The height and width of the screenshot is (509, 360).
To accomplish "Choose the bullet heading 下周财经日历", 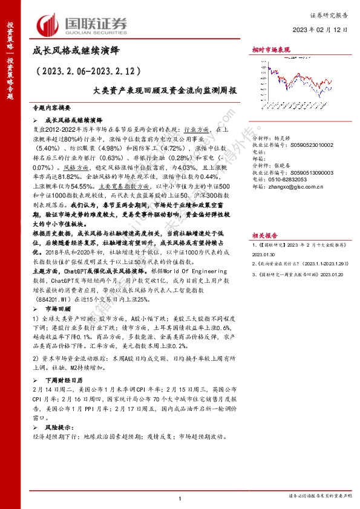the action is [x=64, y=381].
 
